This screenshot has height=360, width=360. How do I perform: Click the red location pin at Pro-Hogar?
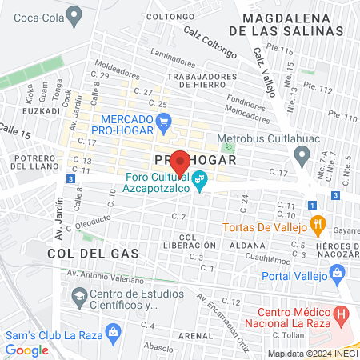click(180, 160)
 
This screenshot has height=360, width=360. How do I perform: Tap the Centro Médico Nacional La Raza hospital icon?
click(342, 314)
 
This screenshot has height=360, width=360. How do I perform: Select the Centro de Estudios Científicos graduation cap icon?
click(78, 299)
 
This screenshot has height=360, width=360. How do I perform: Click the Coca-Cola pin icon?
click(75, 14)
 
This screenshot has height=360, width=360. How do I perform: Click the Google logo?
click(26, 350)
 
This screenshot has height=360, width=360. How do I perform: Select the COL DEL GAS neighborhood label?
click(93, 253)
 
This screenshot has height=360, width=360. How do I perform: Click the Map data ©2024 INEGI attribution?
click(312, 354)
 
